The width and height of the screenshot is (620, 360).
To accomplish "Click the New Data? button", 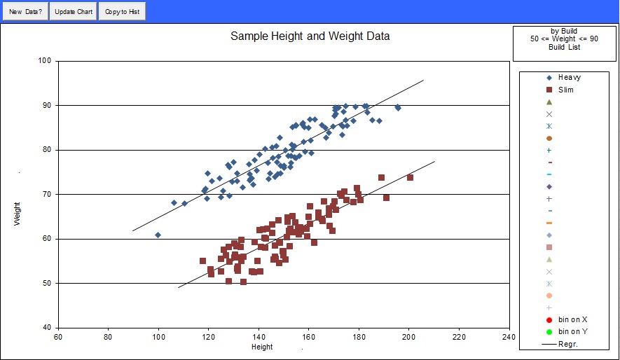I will click(25, 12).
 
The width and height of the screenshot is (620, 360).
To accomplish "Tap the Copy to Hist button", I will click(122, 12).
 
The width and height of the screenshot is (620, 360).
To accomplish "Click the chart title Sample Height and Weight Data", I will click(310, 36).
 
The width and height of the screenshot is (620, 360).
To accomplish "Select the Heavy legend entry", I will click(569, 78).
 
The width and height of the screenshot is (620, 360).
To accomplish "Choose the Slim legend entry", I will click(565, 90).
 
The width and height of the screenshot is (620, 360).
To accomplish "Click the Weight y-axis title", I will click(18, 214).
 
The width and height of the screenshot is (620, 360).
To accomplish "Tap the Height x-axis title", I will click(262, 347).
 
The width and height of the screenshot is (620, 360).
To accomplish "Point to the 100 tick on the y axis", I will click(46, 61).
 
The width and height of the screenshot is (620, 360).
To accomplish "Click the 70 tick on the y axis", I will click(48, 195).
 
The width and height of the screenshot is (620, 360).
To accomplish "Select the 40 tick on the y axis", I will click(48, 328).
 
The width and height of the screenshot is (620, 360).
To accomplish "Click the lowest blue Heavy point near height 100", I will click(158, 235).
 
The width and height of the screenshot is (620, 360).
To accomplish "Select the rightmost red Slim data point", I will click(410, 178).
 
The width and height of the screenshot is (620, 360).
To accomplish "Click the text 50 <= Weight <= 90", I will click(564, 39).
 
